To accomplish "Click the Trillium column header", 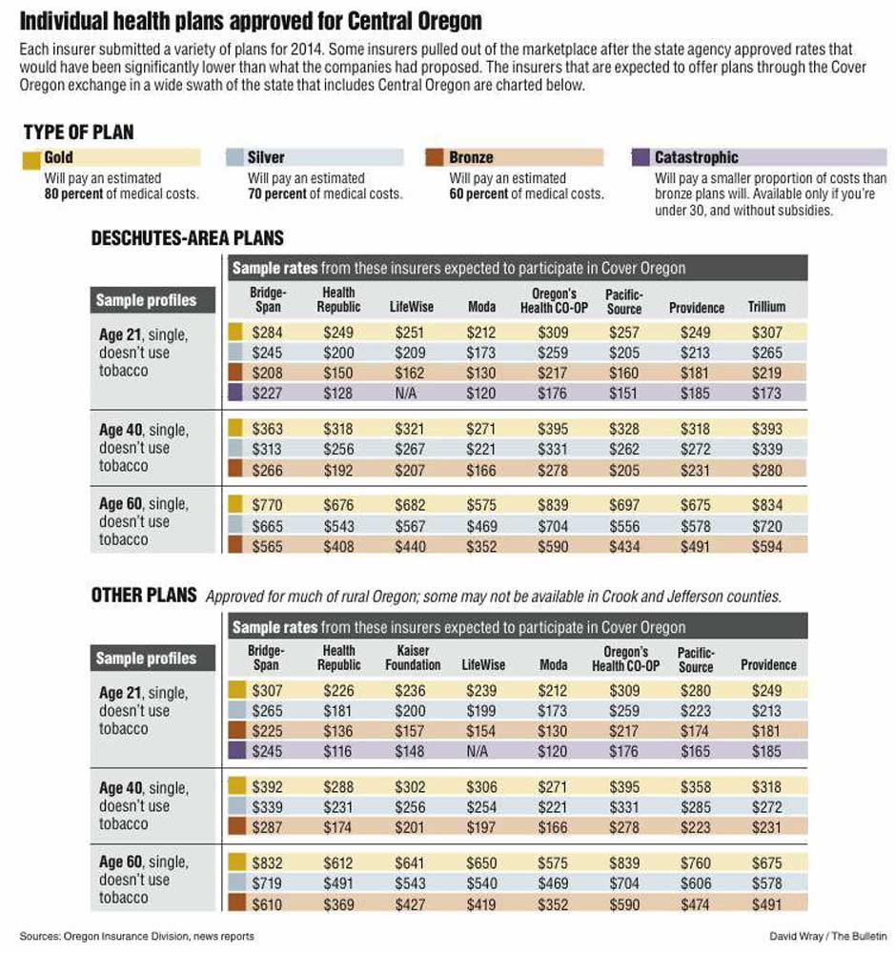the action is [766, 307].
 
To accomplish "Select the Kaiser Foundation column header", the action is [413, 658].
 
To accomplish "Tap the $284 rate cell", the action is [267, 333].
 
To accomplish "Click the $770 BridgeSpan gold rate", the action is [267, 505].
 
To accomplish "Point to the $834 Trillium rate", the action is [766, 505].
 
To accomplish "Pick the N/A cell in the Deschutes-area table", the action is [405, 394].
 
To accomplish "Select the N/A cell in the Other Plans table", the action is [477, 751].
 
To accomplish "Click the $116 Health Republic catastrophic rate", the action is [337, 751].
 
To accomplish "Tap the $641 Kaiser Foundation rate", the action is [410, 863].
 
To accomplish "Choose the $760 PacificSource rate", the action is [696, 863].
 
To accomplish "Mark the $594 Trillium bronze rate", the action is [766, 546].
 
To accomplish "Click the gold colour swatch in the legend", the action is [31, 160].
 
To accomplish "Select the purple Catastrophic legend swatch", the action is [641, 157].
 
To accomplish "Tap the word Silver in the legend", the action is [266, 157].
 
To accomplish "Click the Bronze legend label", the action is [471, 157].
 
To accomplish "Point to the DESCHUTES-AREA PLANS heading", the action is [187, 238].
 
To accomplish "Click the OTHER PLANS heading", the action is [144, 595].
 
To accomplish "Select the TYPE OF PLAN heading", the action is [78, 132].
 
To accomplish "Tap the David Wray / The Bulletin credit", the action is [827, 936].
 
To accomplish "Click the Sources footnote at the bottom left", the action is [137, 937].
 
